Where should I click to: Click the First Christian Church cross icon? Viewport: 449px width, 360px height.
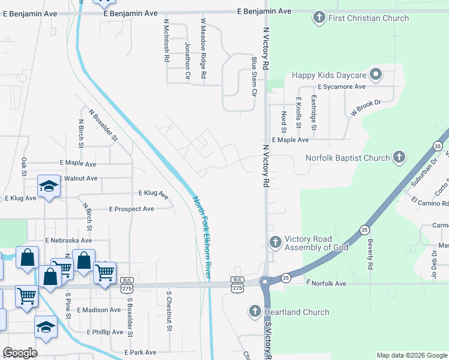[319, 18]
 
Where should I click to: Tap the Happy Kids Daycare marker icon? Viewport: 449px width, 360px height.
[376, 75]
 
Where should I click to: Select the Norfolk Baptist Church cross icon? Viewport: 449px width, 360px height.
[399, 158]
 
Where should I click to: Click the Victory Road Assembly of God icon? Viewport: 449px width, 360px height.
[276, 242]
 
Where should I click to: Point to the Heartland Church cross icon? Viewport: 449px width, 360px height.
[255, 312]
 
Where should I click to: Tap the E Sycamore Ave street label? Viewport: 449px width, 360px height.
[342, 87]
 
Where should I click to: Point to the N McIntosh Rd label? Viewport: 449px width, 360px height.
[167, 40]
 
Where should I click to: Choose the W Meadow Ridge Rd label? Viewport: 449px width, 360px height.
[203, 49]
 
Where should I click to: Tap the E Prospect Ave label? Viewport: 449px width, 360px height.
[131, 209]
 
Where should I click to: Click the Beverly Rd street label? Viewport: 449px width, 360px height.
[370, 256]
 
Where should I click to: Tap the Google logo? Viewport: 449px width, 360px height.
[20, 353]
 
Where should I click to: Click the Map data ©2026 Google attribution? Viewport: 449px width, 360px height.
[411, 355]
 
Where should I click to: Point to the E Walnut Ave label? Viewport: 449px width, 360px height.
[78, 178]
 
